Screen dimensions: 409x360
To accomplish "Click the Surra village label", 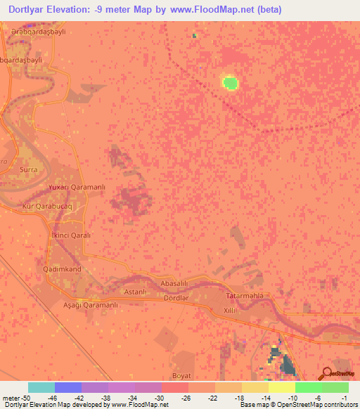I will pyautogui.click(x=29, y=170).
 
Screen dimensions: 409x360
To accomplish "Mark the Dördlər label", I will pyautogui.click(x=176, y=297).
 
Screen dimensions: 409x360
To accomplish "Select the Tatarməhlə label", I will pyautogui.click(x=244, y=296).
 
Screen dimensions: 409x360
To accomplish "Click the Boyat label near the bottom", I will pyautogui.click(x=181, y=376).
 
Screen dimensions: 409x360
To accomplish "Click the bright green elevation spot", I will pyautogui.click(x=230, y=84).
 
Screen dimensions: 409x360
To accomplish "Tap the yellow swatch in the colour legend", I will pyautogui.click(x=281, y=387).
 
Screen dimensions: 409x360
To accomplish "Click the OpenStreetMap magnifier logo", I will pyautogui.click(x=326, y=372).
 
